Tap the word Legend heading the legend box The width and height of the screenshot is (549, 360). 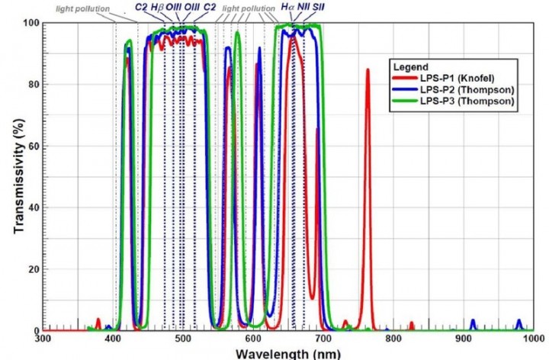point(412,66)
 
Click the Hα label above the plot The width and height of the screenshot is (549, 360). point(287,7)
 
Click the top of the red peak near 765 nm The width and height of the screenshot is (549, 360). point(368,70)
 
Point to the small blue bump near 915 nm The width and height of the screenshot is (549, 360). point(473,321)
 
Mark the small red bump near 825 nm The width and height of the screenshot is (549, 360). point(411,324)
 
